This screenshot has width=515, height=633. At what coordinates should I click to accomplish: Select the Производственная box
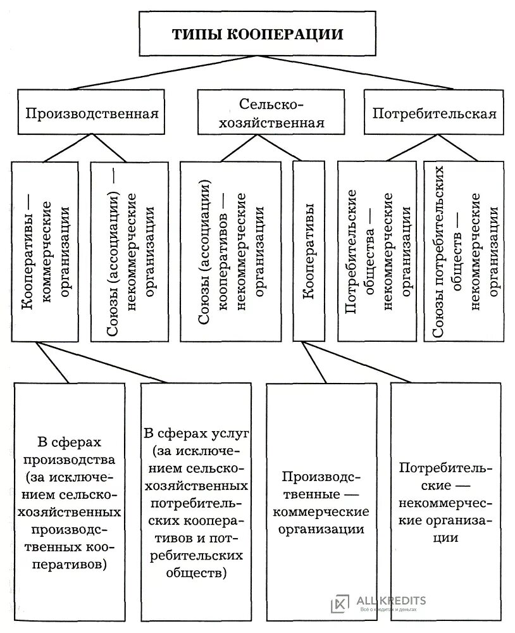point(91,114)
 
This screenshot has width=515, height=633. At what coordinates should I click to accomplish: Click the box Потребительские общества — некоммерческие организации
point(377,251)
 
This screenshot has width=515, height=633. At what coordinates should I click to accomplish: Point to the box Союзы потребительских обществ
point(467,251)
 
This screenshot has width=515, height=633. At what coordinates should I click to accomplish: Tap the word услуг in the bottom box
point(230,434)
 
